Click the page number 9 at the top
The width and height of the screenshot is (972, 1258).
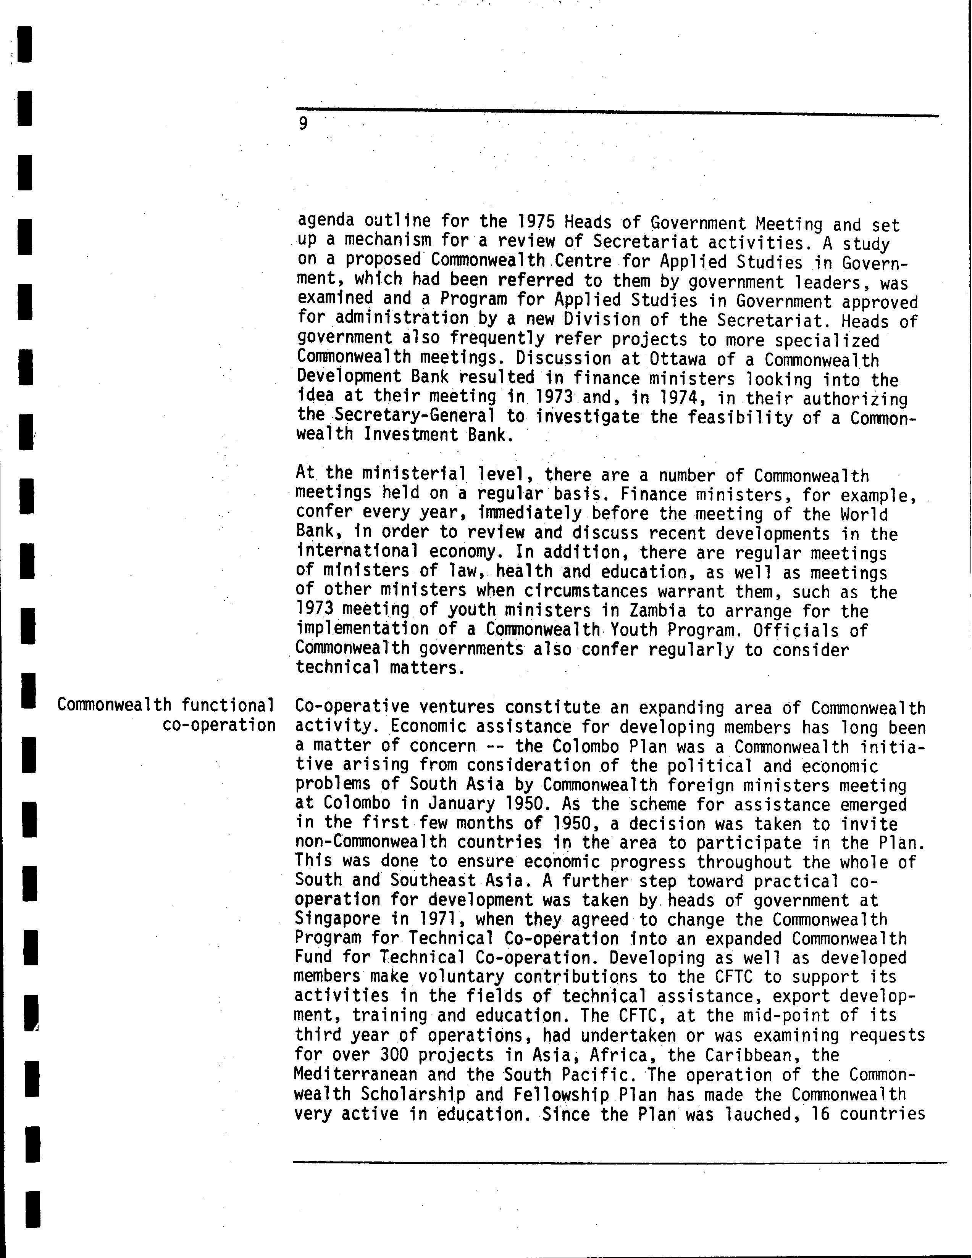[x=303, y=123]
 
